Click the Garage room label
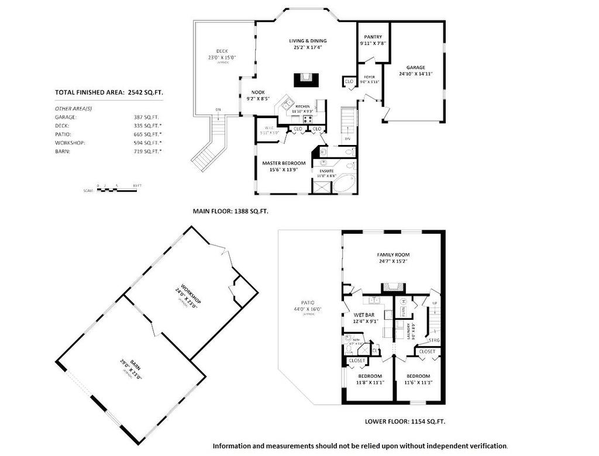(x=412, y=67)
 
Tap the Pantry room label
(x=373, y=37)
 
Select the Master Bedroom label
(x=284, y=163)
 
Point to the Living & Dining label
(x=308, y=41)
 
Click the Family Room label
(x=393, y=255)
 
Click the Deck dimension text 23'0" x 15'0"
(x=222, y=57)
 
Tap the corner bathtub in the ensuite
(x=345, y=184)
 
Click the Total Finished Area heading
(x=108, y=92)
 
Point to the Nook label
(x=258, y=92)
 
